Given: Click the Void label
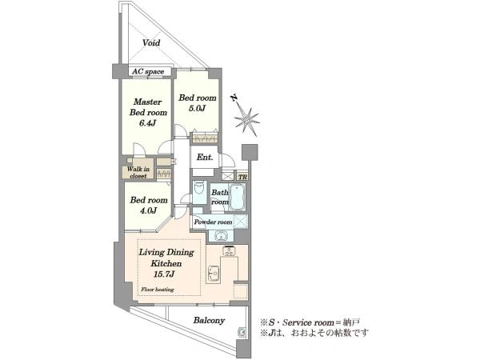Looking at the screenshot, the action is pos(151,42).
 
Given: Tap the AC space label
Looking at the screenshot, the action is pos(148,72).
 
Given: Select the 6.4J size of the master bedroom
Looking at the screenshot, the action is pos(148,123).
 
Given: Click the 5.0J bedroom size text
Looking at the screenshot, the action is pos(197,108).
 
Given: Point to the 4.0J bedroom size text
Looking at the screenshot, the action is pos(149,210).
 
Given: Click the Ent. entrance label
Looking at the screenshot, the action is pos(205,158).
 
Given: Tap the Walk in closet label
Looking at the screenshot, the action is pos(138,172).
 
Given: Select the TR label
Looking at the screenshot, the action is pos(242,178).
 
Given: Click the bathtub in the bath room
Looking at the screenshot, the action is pos(238,197).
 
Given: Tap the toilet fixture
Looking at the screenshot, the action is pos(199,189).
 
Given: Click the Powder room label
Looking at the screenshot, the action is pos(213,222).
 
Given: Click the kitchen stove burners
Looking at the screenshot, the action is pos(228,251).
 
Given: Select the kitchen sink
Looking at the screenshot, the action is pos(213,272).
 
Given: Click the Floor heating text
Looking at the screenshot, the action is pos(158,290).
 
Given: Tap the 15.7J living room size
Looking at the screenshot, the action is pos(164,274).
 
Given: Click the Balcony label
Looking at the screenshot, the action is pos(209,321).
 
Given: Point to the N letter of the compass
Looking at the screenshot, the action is pos(234,98).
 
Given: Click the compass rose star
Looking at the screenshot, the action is pos(247,120).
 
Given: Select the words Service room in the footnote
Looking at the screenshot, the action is pos(308,322).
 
